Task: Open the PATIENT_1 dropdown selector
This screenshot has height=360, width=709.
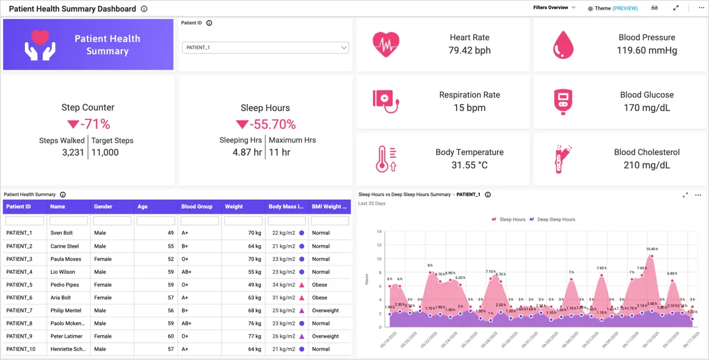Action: point(265,48)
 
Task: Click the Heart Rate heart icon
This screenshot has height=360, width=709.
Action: point(386,44)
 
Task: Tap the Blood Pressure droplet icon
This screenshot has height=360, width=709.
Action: point(563,45)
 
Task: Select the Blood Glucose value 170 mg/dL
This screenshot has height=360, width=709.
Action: point(646,108)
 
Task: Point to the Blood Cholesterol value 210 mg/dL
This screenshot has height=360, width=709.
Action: point(646,165)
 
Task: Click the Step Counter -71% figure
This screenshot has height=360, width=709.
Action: point(88,124)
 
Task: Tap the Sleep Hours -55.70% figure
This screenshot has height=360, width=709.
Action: point(265,124)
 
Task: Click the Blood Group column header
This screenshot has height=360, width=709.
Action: point(197,207)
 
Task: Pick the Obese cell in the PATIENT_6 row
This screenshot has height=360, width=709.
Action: point(319,297)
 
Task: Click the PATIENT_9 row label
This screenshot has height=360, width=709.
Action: point(19,336)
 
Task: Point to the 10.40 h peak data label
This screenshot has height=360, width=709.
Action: point(652,249)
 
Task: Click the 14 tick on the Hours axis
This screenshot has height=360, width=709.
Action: point(379,232)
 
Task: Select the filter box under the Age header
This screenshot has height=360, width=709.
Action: point(156,221)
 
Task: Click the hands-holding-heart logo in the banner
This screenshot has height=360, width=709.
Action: point(40,45)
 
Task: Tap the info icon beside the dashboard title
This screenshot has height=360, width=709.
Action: point(144,9)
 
